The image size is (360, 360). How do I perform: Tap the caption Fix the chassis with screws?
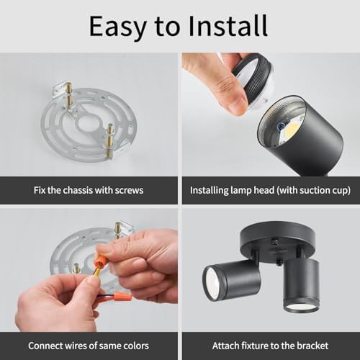(89, 191)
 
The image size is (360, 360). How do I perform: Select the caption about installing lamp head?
(270, 191)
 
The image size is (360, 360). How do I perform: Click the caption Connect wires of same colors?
(89, 346)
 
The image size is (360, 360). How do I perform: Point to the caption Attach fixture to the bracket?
(270, 346)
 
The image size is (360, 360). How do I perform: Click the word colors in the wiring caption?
(136, 346)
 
